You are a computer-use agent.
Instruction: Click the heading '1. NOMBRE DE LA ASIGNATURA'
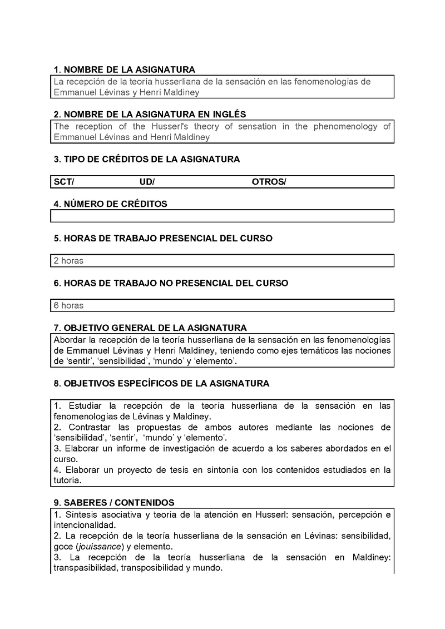(x=124, y=70)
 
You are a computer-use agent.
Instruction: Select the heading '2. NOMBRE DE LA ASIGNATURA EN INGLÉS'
(x=150, y=115)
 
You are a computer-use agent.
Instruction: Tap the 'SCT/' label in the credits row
(x=64, y=182)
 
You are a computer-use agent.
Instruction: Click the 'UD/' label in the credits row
(x=147, y=182)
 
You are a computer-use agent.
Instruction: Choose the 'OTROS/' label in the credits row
(x=269, y=182)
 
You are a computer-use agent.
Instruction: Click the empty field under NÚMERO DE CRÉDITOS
(x=222, y=216)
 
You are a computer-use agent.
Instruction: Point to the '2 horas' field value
(x=68, y=260)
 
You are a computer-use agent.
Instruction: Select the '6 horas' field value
(x=68, y=305)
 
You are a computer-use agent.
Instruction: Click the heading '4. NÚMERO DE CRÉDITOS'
(x=110, y=204)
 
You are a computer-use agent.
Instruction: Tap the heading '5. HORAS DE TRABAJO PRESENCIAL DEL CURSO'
(x=163, y=238)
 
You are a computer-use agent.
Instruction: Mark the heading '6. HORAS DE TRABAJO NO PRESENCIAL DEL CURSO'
(x=171, y=283)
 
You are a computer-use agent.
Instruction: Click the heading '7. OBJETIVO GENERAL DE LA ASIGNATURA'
(x=150, y=328)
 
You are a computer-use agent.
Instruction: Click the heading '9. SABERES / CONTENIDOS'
(x=114, y=502)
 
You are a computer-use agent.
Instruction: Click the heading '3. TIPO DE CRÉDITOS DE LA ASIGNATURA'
(x=147, y=159)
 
